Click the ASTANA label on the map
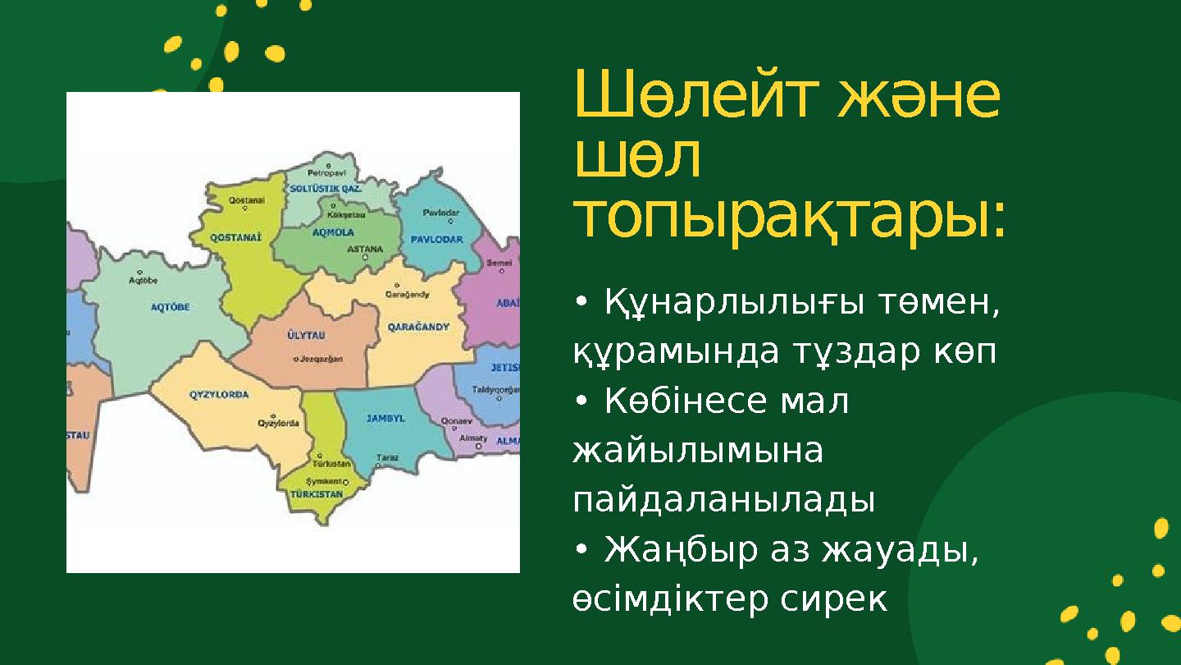tap(366, 248)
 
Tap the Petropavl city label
tap(327, 173)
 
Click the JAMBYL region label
tap(385, 418)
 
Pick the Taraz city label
tap(387, 457)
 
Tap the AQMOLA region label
tap(333, 232)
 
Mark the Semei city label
tap(499, 263)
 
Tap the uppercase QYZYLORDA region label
tap(219, 394)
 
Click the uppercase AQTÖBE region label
tap(171, 307)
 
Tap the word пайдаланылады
tap(723, 500)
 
